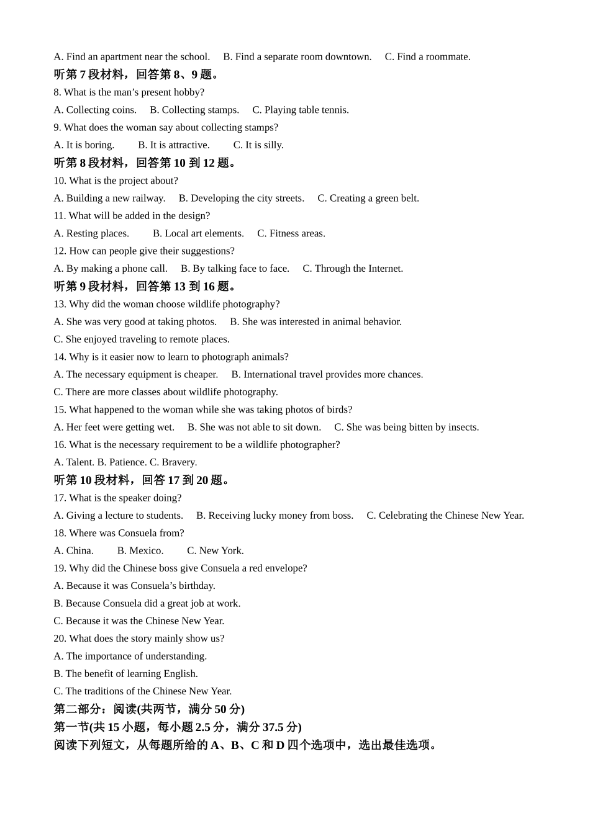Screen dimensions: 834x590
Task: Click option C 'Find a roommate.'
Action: tap(427, 56)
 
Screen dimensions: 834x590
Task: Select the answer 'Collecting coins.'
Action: tap(95, 110)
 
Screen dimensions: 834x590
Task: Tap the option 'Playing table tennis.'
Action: tap(301, 110)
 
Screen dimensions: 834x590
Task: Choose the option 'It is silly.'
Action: tap(258, 145)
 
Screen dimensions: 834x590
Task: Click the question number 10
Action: tap(60, 181)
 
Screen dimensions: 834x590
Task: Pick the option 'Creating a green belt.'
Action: tap(368, 198)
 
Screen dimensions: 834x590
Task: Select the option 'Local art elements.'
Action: tap(198, 233)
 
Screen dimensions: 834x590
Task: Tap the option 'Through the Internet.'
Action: tap(353, 269)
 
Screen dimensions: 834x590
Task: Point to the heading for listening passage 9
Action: tap(145, 286)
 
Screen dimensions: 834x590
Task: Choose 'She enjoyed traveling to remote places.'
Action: tap(142, 339)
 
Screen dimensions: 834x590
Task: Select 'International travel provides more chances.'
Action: tap(327, 374)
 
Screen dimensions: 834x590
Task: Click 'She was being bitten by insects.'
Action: tap(407, 427)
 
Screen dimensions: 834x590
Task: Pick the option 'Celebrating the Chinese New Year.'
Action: tap(445, 515)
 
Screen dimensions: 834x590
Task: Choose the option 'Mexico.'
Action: tap(140, 550)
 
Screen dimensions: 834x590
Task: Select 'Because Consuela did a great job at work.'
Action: tap(147, 603)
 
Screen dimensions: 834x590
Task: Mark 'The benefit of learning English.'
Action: tap(125, 673)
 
